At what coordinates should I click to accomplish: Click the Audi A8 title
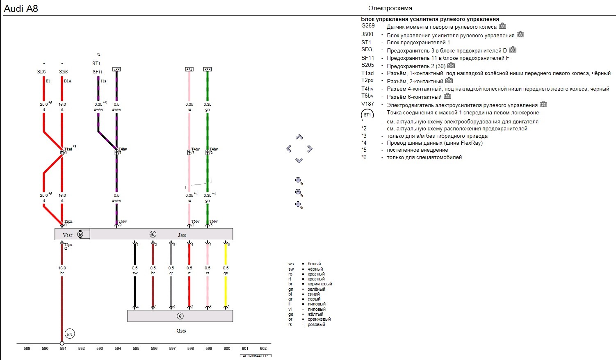tap(21, 8)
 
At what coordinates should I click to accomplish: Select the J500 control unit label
tap(182, 235)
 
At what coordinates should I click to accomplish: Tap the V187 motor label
tap(68, 235)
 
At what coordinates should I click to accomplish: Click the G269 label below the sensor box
tap(181, 331)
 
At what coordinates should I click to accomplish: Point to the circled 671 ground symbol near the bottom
tap(70, 334)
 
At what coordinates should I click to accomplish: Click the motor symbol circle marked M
tap(80, 235)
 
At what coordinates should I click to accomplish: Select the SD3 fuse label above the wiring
tap(41, 72)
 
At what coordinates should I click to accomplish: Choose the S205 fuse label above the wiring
tap(63, 72)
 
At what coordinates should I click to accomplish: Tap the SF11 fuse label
tap(97, 72)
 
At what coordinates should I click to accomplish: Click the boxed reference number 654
tap(189, 70)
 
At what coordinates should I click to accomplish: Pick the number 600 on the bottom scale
tap(227, 349)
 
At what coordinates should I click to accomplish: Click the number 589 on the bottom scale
tap(27, 349)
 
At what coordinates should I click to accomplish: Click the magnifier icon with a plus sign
tap(299, 193)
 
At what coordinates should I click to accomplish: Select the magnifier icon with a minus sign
tap(299, 205)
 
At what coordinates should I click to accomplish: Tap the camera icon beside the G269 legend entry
tap(502, 26)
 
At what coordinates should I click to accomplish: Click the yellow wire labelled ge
tap(226, 291)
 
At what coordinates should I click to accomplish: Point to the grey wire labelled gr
tap(171, 291)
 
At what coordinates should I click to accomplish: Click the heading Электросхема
tap(390, 8)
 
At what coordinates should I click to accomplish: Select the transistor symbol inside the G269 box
tap(180, 316)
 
